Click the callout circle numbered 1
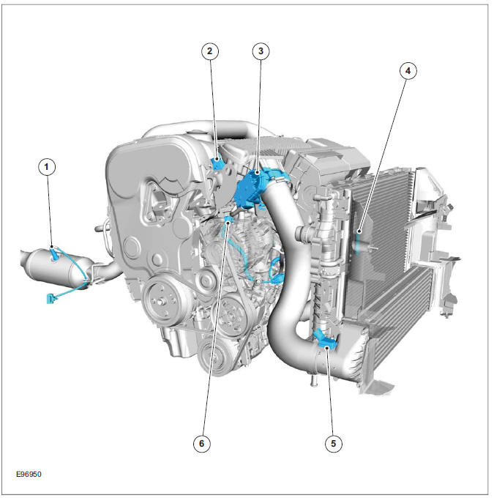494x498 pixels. tap(46, 168)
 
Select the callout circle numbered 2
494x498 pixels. tap(211, 51)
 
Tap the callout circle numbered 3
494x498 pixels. tap(261, 51)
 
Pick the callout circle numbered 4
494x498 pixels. tap(408, 71)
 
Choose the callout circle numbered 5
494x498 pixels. tap(334, 443)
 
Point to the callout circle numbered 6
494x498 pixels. tap(203, 443)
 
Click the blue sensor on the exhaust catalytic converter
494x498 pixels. tap(56, 254)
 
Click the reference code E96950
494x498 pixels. tap(29, 474)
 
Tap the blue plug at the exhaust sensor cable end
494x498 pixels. tap(50, 297)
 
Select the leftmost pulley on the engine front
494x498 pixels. tap(162, 300)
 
